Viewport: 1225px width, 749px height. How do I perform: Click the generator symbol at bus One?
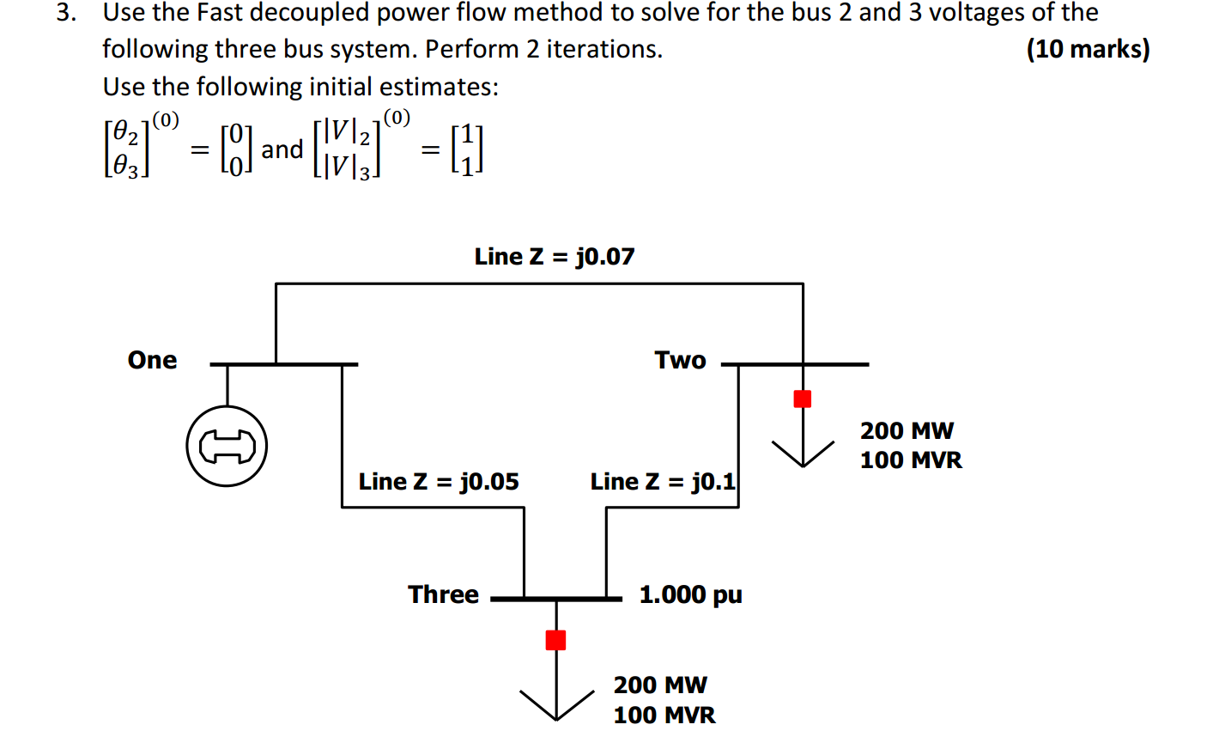pyautogui.click(x=227, y=446)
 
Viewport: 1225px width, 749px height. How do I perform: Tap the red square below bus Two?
pyautogui.click(x=803, y=399)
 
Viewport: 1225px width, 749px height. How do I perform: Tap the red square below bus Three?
pyautogui.click(x=556, y=640)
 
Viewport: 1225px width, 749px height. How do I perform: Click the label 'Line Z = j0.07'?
pyautogui.click(x=555, y=257)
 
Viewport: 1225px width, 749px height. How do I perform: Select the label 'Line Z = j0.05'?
pyautogui.click(x=439, y=482)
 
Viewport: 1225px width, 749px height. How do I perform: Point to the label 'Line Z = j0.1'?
pyautogui.click(x=663, y=482)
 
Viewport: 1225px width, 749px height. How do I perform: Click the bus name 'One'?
pyautogui.click(x=152, y=360)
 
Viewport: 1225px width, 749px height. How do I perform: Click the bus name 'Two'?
pyautogui.click(x=680, y=360)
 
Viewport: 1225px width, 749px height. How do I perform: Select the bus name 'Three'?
pyautogui.click(x=443, y=594)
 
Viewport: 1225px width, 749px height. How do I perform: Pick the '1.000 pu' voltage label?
pyautogui.click(x=690, y=594)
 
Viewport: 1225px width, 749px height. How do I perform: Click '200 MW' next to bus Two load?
pyautogui.click(x=907, y=430)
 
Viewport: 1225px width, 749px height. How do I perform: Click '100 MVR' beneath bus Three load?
pyautogui.click(x=664, y=715)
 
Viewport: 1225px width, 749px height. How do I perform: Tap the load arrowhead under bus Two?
pyautogui.click(x=803, y=456)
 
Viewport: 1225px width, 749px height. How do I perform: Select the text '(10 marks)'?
pyautogui.click(x=1088, y=49)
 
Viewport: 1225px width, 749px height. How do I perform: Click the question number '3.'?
pyautogui.click(x=67, y=13)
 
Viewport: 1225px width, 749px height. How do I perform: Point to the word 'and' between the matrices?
pyautogui.click(x=282, y=149)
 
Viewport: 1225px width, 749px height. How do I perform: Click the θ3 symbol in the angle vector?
pyautogui.click(x=125, y=166)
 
